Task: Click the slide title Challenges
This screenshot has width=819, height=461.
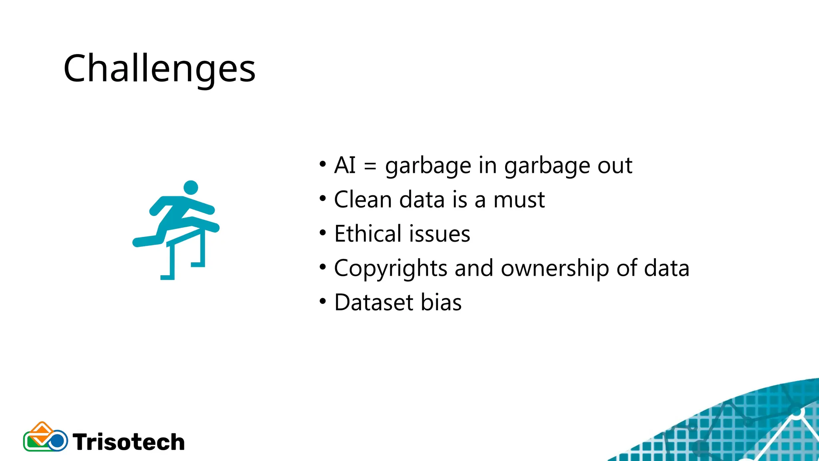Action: [x=159, y=69]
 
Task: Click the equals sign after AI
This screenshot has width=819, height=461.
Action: [x=370, y=166]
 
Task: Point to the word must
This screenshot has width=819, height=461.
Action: [x=519, y=200]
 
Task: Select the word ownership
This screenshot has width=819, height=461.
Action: [x=555, y=269]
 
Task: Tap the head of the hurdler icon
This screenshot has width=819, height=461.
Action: [x=191, y=187]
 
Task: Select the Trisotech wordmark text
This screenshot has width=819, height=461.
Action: [x=129, y=442]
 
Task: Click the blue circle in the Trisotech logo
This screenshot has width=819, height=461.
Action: [x=58, y=441]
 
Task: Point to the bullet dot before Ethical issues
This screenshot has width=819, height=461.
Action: [x=323, y=233]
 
